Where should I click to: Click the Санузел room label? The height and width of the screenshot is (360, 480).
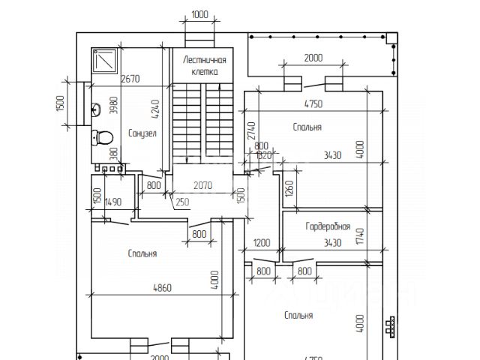[142, 134]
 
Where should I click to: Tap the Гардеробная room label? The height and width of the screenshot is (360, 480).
[328, 226]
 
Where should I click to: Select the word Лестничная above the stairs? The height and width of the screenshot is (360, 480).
[205, 60]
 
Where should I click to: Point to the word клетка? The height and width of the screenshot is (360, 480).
[205, 72]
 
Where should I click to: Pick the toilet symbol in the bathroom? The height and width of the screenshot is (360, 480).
[101, 137]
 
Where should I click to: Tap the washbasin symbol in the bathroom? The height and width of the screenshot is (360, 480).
[97, 110]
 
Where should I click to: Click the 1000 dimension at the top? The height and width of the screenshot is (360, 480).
[199, 14]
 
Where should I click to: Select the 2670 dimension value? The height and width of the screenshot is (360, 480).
[130, 79]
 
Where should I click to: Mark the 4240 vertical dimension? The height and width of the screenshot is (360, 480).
[156, 110]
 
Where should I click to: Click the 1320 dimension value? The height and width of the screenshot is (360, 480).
[263, 156]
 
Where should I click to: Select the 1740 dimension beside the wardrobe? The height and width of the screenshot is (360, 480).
[359, 237]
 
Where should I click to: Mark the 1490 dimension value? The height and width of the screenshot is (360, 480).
[113, 201]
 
